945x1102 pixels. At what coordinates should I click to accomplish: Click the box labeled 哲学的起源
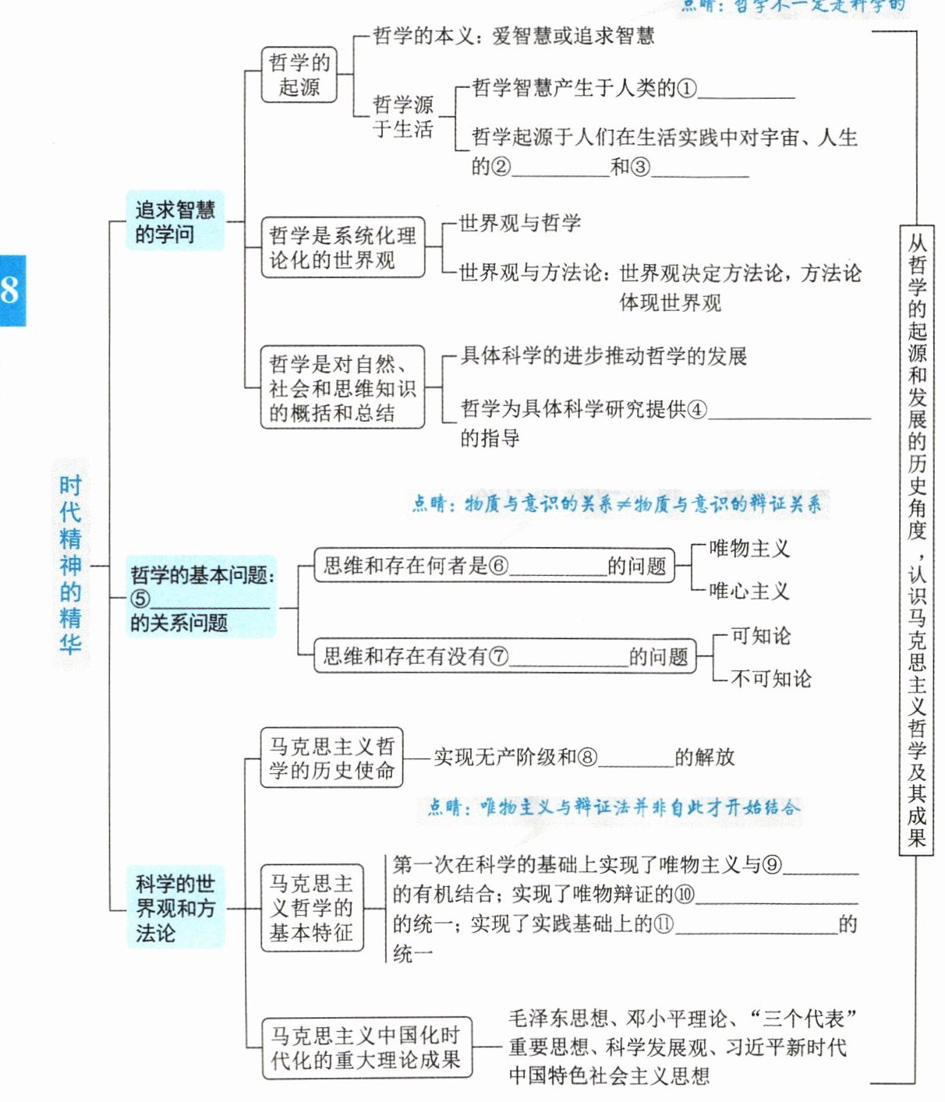tap(299, 74)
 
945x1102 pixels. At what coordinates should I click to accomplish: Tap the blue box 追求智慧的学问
tap(175, 221)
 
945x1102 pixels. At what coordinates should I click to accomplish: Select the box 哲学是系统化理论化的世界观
tap(342, 248)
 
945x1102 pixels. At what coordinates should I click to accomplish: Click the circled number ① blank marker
tap(686, 89)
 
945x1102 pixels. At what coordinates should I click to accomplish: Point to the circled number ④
tap(697, 409)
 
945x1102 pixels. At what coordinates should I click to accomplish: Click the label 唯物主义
tap(749, 549)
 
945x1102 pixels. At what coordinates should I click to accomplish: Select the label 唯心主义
tap(749, 591)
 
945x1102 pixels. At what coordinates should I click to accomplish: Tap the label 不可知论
tap(770, 679)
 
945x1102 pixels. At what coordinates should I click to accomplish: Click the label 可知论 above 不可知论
tap(760, 636)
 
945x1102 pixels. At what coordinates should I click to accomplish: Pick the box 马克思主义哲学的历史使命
tap(331, 758)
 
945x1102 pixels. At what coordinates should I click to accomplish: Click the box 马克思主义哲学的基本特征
tap(312, 908)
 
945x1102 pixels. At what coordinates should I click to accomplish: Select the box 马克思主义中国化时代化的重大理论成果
tap(366, 1047)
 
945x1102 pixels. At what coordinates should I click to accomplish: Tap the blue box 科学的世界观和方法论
tap(175, 908)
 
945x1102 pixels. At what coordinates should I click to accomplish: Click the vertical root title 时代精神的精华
tap(71, 565)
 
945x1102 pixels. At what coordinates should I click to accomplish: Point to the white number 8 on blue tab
tap(10, 290)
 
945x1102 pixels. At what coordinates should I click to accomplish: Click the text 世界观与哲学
tap(519, 224)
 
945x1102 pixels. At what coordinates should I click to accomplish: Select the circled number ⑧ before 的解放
tap(587, 758)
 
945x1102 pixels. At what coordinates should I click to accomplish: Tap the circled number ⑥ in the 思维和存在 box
tap(498, 566)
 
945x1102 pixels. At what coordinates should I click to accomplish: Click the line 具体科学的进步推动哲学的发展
tap(603, 356)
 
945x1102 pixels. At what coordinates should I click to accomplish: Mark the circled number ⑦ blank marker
tap(498, 656)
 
